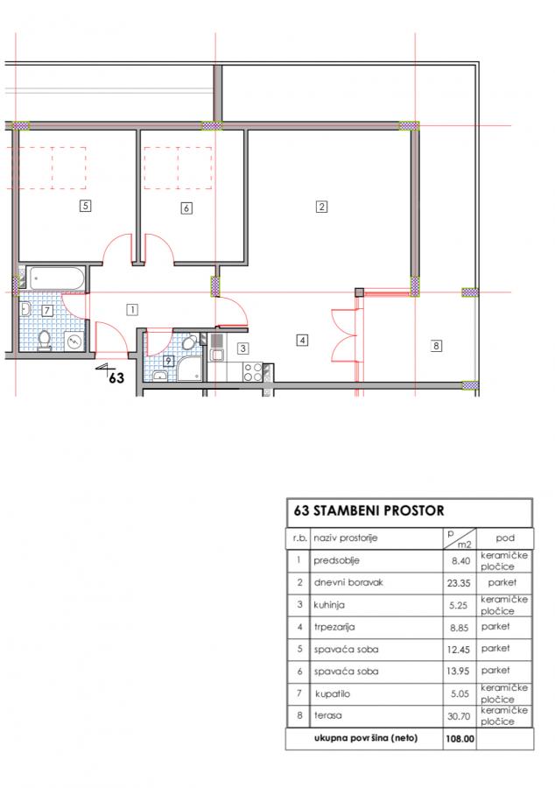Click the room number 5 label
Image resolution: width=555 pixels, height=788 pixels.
(x=86, y=205)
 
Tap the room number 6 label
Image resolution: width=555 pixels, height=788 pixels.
(x=186, y=208)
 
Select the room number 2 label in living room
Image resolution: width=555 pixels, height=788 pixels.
(x=321, y=206)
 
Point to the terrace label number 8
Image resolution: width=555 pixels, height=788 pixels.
(x=436, y=346)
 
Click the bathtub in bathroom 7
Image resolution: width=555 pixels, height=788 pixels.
(x=56, y=278)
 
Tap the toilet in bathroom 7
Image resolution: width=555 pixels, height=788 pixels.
(x=45, y=341)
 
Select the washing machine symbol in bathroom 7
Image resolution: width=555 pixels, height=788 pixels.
(x=74, y=341)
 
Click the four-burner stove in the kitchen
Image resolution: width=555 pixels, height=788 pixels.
(x=253, y=372)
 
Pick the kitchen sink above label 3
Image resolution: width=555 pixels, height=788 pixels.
(x=217, y=349)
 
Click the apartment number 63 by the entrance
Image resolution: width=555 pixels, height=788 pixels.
(x=116, y=376)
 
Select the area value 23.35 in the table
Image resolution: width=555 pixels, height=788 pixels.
(x=459, y=583)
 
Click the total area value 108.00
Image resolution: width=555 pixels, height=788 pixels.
(x=460, y=739)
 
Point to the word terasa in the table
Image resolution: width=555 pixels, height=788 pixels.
(x=327, y=715)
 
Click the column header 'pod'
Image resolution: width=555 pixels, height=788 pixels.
(x=505, y=538)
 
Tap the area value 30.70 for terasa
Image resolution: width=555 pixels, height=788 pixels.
(x=459, y=716)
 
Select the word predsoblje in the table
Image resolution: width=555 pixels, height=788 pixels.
(x=336, y=561)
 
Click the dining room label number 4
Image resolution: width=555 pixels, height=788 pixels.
(x=302, y=341)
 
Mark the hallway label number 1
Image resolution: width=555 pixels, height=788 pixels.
(x=132, y=310)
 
